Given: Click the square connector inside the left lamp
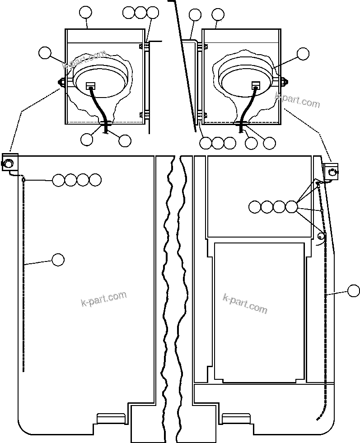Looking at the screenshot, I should click(x=90, y=85).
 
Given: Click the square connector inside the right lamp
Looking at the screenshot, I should click(x=256, y=84).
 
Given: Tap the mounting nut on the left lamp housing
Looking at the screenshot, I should click(x=60, y=82).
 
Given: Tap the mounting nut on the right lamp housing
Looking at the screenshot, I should click(x=285, y=82).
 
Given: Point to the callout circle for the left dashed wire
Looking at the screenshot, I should click(x=58, y=260).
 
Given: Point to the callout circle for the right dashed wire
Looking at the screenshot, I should click(x=354, y=291).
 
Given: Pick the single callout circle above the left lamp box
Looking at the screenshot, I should click(x=86, y=13).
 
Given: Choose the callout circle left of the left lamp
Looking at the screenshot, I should click(x=45, y=53).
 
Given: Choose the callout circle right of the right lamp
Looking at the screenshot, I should click(x=303, y=53).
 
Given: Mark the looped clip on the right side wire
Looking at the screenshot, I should click(x=322, y=236).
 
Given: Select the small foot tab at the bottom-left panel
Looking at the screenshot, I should click(x=110, y=418).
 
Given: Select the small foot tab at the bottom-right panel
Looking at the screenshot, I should click(x=237, y=418).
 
